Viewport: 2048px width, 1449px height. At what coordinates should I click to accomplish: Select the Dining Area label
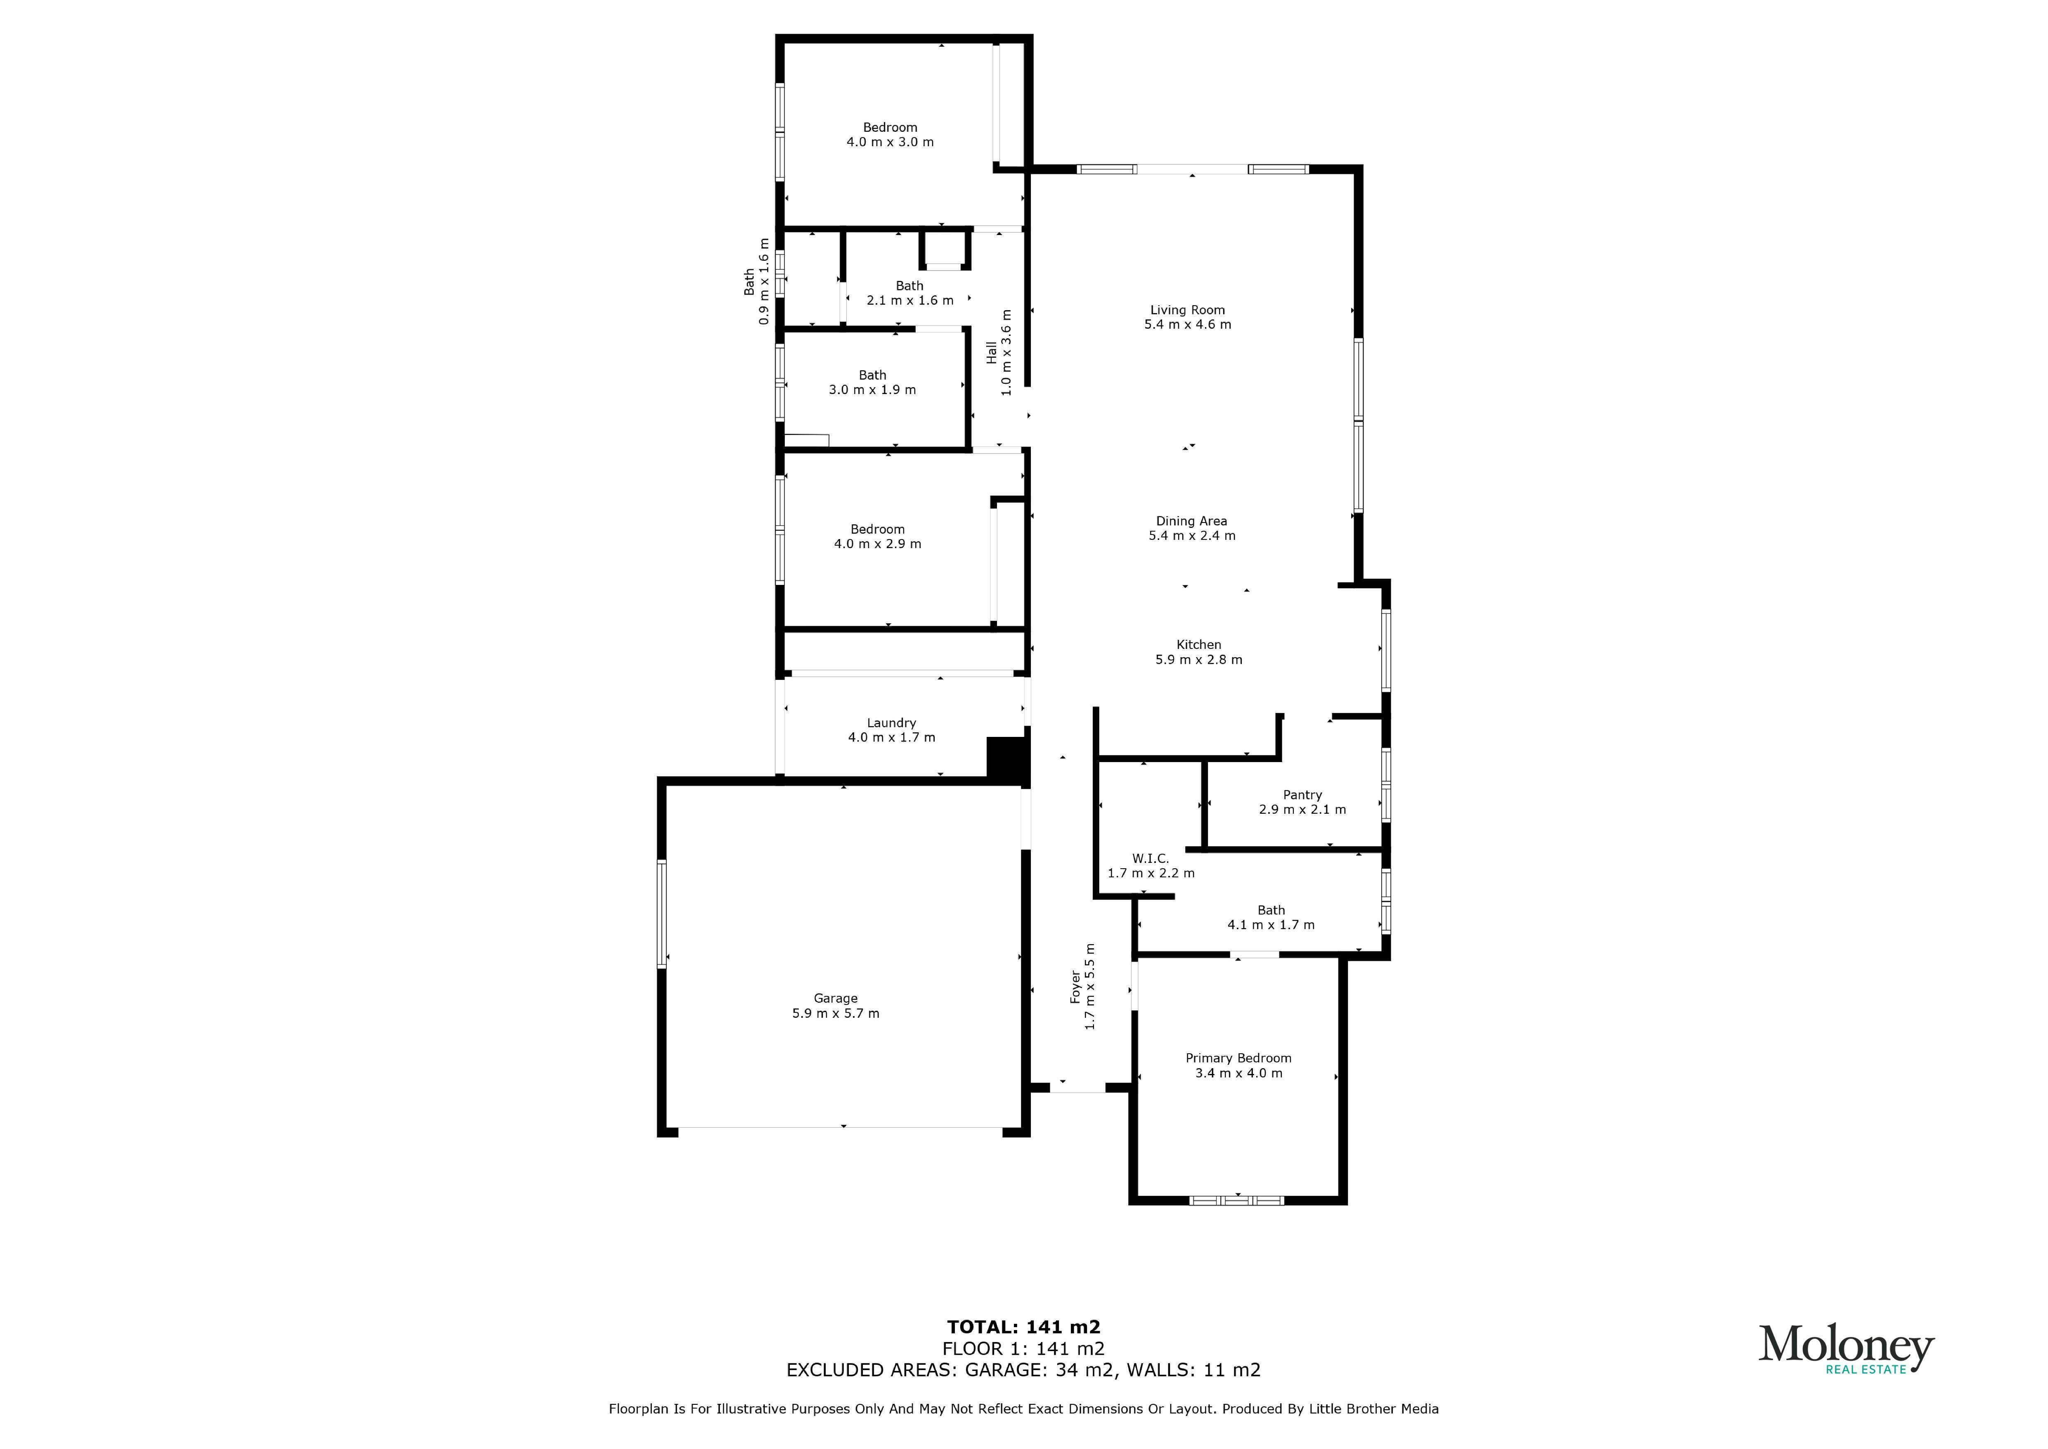[x=1192, y=521]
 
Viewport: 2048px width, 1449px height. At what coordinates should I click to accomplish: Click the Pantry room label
[x=1302, y=795]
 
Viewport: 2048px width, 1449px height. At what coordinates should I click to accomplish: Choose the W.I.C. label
[x=1151, y=858]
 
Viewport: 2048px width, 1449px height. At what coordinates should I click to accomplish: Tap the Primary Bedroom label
[x=1238, y=1058]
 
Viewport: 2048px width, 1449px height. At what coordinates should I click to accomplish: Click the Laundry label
[x=891, y=723]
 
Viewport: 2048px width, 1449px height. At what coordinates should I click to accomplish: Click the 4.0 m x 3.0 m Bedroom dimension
[x=890, y=142]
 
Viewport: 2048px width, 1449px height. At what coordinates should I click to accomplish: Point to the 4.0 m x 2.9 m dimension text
[x=878, y=544]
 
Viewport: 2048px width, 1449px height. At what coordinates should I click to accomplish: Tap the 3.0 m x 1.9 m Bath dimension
[x=872, y=390]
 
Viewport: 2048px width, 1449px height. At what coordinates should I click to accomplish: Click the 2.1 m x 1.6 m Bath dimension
[x=910, y=301]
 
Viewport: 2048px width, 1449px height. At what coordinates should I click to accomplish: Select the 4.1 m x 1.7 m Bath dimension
[x=1271, y=925]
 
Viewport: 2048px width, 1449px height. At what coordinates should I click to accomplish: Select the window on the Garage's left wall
[x=662, y=914]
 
